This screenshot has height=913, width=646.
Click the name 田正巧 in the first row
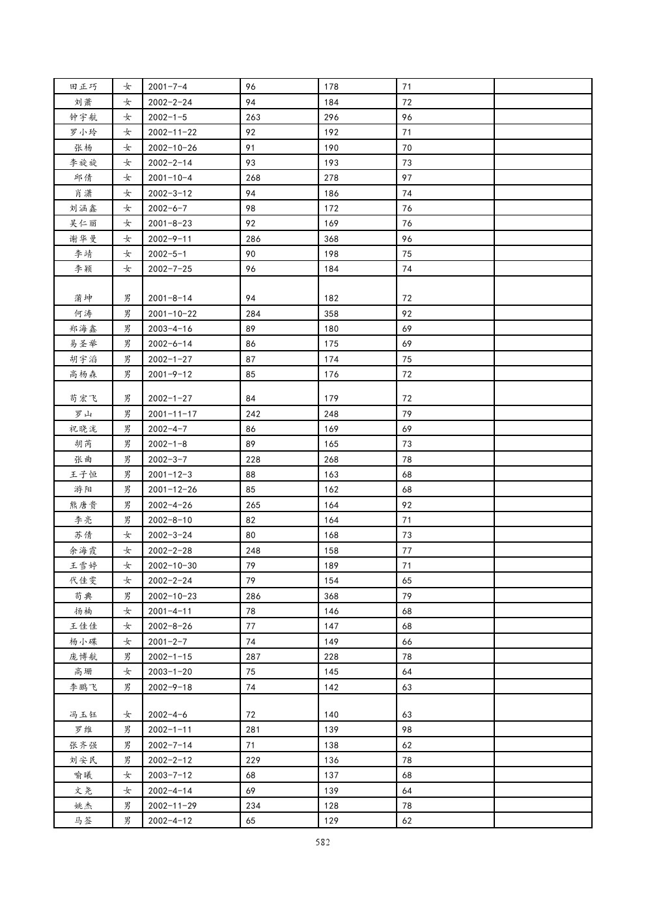click(x=83, y=87)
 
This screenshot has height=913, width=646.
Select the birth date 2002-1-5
click(x=167, y=117)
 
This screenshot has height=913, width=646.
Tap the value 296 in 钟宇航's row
click(x=331, y=117)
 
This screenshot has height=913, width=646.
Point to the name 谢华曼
click(x=83, y=239)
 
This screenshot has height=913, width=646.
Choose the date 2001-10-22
click(x=172, y=314)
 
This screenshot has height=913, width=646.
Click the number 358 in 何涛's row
click(x=331, y=314)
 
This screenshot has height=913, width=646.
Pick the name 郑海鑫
click(x=83, y=329)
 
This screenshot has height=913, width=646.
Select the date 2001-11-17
click(x=172, y=414)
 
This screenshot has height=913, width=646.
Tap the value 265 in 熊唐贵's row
click(x=253, y=505)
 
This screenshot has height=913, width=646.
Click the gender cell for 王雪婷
click(x=128, y=566)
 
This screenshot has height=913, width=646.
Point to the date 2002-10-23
click(x=172, y=596)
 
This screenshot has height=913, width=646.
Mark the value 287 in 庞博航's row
click(x=253, y=657)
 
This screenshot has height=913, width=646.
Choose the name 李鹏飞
click(x=83, y=687)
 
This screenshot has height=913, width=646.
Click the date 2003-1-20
click(x=169, y=672)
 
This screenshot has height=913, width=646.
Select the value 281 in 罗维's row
click(x=253, y=729)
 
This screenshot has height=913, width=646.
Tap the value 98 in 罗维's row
click(x=407, y=729)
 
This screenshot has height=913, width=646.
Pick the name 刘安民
click(x=83, y=760)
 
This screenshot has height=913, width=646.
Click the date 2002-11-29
click(x=172, y=806)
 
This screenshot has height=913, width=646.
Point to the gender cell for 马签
click(x=128, y=821)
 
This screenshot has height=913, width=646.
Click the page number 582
click(x=322, y=842)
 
